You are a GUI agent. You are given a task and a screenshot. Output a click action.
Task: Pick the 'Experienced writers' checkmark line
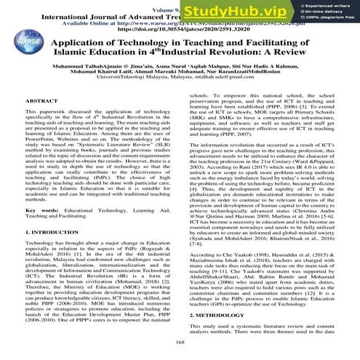(327, 7)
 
